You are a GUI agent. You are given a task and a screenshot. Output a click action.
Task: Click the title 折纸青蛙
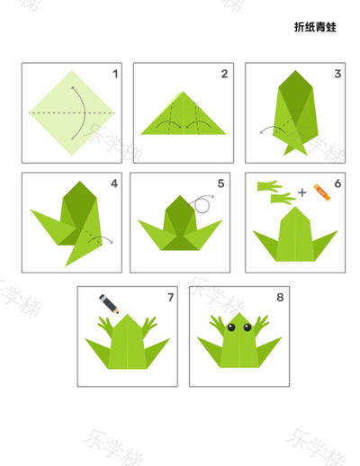[315, 27]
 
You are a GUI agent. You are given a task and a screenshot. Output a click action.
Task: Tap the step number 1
[115, 74]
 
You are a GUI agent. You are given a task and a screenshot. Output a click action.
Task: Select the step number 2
[224, 74]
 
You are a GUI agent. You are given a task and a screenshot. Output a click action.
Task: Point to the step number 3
[337, 74]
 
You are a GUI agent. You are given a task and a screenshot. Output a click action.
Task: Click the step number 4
[114, 184]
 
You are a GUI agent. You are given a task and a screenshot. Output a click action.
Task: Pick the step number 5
[221, 184]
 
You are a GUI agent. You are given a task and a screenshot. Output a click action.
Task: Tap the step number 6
[337, 184]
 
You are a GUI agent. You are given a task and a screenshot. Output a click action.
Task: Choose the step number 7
[171, 297]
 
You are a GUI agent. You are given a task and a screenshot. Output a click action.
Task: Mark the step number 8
[280, 297]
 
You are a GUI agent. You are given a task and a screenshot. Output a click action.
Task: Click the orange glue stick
[322, 192]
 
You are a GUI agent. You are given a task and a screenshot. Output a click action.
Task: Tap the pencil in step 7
[109, 304]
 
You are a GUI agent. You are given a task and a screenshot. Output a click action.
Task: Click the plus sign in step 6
[302, 193]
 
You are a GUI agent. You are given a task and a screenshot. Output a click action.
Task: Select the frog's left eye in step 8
[231, 327]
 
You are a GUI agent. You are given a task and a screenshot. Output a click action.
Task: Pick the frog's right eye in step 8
[247, 327]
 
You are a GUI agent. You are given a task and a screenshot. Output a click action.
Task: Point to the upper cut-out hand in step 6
[269, 186]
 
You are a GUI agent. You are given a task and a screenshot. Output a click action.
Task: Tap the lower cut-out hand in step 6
[283, 199]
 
